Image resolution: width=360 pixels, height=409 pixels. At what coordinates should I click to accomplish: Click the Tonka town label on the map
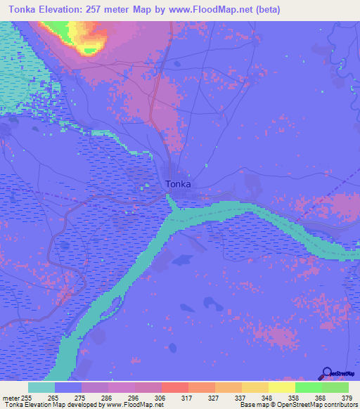[x=179, y=184]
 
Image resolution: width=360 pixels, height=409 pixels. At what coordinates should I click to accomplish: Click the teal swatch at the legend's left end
[x=41, y=387]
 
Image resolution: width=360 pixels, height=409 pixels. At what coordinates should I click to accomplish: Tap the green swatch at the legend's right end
[x=335, y=387]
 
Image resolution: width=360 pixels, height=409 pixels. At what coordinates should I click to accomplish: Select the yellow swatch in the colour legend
[x=282, y=387]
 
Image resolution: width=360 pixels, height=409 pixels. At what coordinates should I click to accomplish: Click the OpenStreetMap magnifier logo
[x=327, y=374]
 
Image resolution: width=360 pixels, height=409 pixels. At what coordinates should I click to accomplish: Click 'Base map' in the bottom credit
[x=253, y=405]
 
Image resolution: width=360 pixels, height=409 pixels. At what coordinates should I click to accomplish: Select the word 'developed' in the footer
[x=89, y=405]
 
